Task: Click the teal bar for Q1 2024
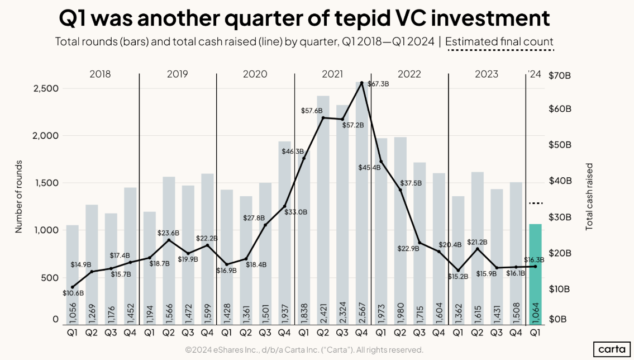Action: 535,274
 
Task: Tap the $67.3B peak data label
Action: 378,84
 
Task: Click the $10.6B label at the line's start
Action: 73,293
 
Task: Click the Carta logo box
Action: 611,349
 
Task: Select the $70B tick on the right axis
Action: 561,75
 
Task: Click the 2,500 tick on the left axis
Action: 48,89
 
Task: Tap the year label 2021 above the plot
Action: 332,74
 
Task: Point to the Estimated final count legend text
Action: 499,41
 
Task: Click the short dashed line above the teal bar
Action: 535,203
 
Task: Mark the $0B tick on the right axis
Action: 558,320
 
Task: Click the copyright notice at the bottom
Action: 304,350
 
